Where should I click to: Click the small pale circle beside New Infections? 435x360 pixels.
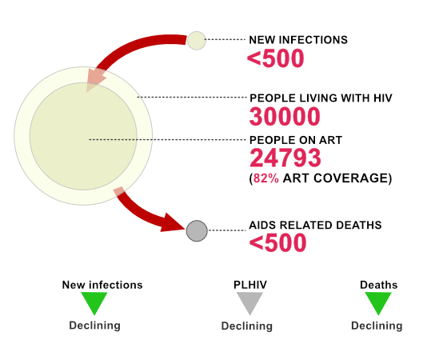[x=197, y=41]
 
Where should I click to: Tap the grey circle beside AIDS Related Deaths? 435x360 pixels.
[x=197, y=231]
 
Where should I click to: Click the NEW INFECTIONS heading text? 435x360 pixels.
[x=298, y=40]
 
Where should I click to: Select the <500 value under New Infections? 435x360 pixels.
[x=276, y=58]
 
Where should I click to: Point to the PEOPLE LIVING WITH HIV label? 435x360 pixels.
[x=321, y=98]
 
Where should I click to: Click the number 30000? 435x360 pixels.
[x=285, y=117]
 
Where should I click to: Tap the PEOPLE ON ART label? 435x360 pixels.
[x=296, y=140]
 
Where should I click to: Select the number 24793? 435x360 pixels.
[x=285, y=158]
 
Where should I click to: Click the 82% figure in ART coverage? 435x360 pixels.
[x=266, y=178]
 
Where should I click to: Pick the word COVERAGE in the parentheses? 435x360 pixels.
[x=349, y=178]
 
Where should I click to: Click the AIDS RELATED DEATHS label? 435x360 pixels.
[x=315, y=225]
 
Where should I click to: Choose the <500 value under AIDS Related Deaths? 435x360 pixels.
[x=277, y=242]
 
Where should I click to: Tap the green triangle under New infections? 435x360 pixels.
[x=94, y=301]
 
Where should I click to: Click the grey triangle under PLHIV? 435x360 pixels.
[x=249, y=302]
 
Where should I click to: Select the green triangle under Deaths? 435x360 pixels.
[x=378, y=302]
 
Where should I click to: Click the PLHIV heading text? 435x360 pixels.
[x=250, y=285]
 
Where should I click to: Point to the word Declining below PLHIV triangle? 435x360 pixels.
[x=247, y=326]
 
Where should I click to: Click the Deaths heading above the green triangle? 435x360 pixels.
[x=379, y=285]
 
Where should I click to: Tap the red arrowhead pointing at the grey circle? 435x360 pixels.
[x=171, y=223]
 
